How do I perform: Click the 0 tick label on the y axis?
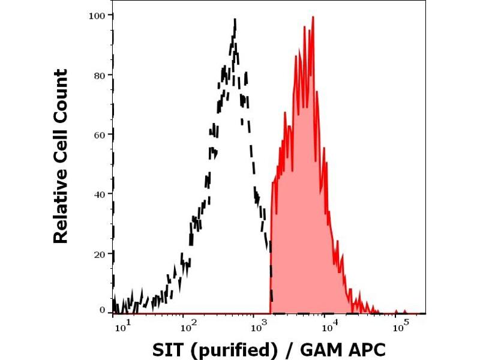(x=103, y=310)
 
